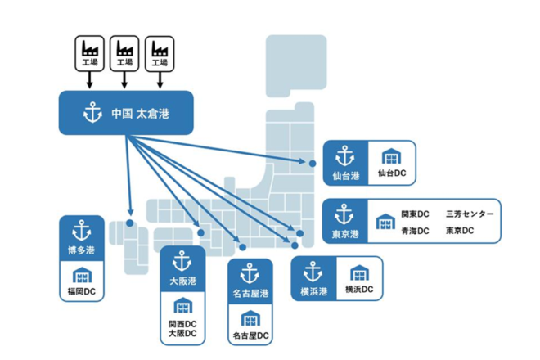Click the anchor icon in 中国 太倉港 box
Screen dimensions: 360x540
92,112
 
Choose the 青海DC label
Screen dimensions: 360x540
415,232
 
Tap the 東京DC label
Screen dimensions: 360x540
460,232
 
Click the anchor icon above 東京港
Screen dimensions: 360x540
344,215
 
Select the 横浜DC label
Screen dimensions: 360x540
359,289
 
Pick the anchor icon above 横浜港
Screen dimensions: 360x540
313,272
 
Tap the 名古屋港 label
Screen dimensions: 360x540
251,293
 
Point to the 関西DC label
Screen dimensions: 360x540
182,323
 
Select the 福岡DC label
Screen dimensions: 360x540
82,290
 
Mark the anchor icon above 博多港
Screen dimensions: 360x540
82,230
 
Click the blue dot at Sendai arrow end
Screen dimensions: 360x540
313,164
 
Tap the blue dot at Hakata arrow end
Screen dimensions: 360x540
130,222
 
